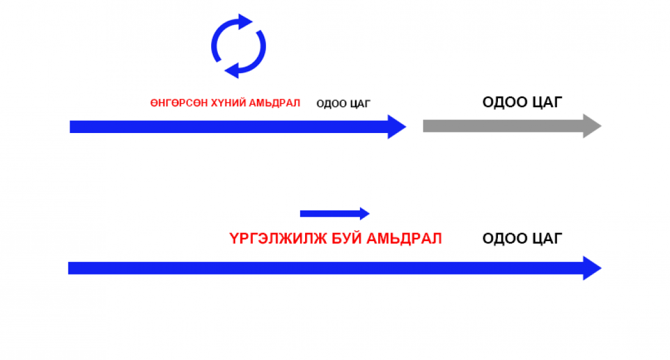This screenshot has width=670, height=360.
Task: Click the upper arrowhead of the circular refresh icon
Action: (x=245, y=22)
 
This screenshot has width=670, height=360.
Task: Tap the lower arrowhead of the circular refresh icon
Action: (x=232, y=70)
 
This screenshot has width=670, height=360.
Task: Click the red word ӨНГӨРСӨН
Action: (x=179, y=103)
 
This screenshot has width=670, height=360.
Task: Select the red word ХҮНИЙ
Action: (x=229, y=103)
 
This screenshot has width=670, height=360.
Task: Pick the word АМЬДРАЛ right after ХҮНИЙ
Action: (x=275, y=103)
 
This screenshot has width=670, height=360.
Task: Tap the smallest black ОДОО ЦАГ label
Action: (x=344, y=104)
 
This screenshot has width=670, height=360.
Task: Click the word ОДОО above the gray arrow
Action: (x=504, y=102)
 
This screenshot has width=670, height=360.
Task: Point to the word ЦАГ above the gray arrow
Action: (x=547, y=102)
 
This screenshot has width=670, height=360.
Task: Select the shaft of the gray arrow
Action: (x=503, y=126)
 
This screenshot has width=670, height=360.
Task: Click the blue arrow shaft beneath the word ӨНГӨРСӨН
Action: (x=179, y=127)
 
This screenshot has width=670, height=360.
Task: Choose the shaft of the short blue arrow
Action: (x=330, y=214)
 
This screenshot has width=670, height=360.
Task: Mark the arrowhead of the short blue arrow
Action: (x=365, y=214)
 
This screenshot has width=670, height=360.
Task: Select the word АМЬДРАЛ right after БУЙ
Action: (x=404, y=239)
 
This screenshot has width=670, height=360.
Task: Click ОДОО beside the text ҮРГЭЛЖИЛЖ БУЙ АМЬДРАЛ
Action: (x=504, y=239)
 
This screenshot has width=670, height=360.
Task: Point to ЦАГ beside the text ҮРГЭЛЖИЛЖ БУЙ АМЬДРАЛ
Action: (x=547, y=239)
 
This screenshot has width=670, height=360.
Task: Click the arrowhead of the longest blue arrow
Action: (x=593, y=268)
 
